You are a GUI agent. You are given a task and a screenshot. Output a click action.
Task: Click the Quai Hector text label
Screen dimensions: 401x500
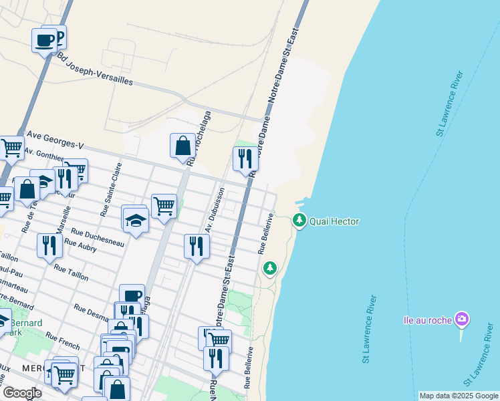pyautogui.click(x=335, y=221)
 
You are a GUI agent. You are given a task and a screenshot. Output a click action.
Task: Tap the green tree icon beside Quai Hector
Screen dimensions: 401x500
pyautogui.click(x=299, y=219)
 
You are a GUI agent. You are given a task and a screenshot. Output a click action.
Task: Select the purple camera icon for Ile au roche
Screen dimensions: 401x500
pyautogui.click(x=461, y=319)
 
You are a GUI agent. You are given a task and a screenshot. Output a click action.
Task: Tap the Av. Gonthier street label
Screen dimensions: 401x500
pyautogui.click(x=44, y=156)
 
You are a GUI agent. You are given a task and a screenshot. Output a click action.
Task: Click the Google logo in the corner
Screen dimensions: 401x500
pyautogui.click(x=21, y=392)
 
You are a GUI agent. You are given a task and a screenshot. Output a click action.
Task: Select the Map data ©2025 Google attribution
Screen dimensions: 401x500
pyautogui.click(x=459, y=396)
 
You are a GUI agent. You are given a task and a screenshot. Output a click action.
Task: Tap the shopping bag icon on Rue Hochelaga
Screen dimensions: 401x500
pyautogui.click(x=182, y=146)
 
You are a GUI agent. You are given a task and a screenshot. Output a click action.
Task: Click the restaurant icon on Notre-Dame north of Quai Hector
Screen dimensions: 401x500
pyautogui.click(x=245, y=158)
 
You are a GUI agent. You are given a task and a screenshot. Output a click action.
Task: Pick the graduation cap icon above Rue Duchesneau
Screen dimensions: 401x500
pyautogui.click(x=135, y=220)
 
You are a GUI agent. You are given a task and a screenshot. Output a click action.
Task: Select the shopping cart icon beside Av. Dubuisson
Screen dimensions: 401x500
pyautogui.click(x=164, y=205)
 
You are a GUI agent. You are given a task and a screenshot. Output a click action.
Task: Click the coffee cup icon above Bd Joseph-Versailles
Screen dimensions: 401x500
pyautogui.click(x=45, y=39)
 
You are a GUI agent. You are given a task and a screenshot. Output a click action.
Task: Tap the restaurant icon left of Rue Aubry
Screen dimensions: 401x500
pyautogui.click(x=49, y=245)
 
